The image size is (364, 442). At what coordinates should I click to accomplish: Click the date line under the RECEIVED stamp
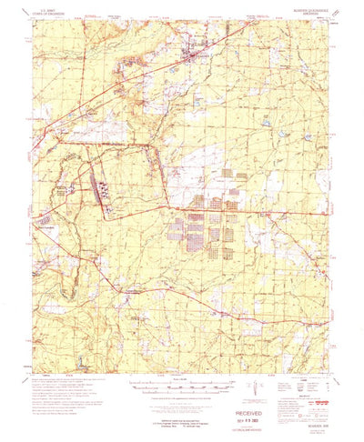pos(230,409)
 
